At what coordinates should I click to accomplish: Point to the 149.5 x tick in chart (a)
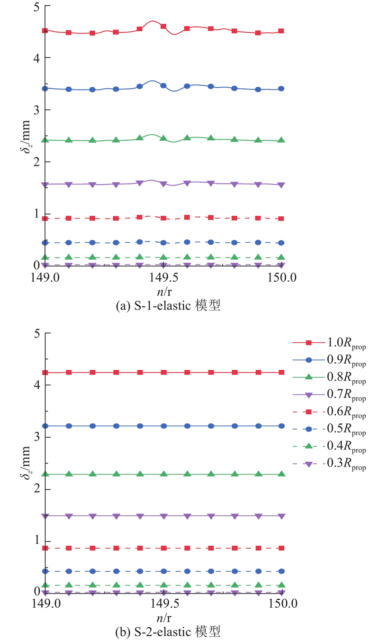point(163,276)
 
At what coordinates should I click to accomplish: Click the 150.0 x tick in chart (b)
point(282,603)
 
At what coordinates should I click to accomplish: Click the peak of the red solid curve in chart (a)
point(153,21)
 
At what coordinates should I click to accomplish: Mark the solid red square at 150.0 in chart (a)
point(281,31)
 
